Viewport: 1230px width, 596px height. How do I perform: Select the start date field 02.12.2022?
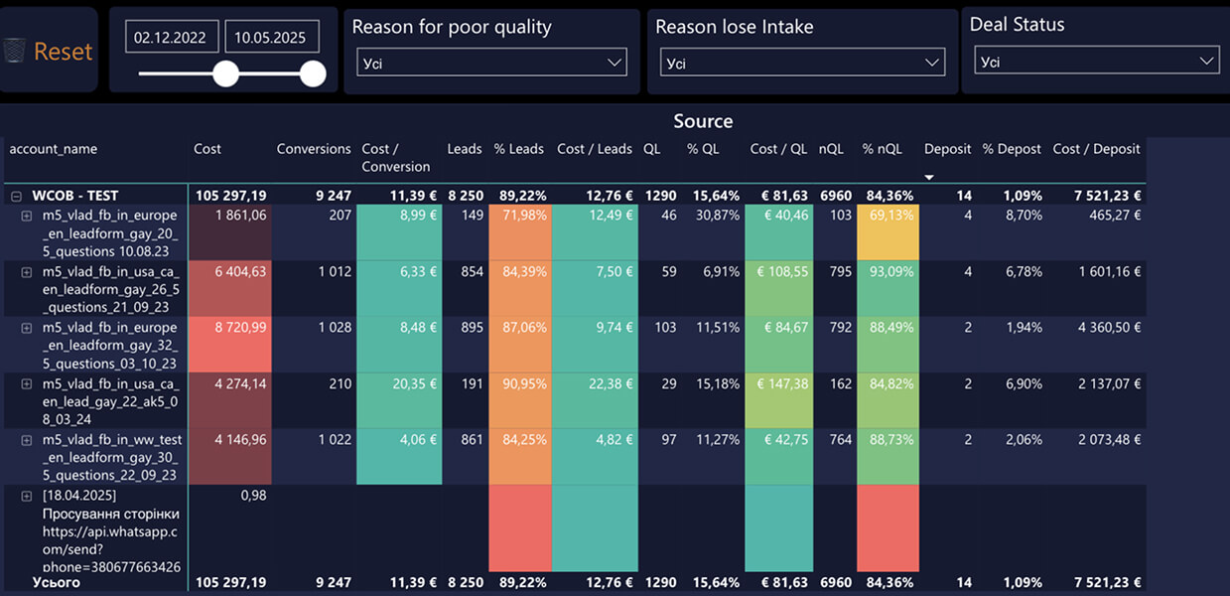pyautogui.click(x=172, y=37)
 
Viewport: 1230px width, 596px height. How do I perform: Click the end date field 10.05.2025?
pyautogui.click(x=271, y=37)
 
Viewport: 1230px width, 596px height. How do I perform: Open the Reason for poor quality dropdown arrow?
pyautogui.click(x=615, y=63)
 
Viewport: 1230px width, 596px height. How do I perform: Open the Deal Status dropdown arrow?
pyautogui.click(x=1206, y=61)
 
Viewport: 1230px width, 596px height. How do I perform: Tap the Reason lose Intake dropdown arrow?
pyautogui.click(x=931, y=63)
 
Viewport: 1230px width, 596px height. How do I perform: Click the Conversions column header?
pyautogui.click(x=314, y=149)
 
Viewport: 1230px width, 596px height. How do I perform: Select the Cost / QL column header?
pyautogui.click(x=778, y=149)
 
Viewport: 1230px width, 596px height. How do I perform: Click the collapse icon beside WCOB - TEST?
pyautogui.click(x=17, y=196)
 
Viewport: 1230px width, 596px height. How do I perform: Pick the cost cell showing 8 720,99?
pyautogui.click(x=230, y=344)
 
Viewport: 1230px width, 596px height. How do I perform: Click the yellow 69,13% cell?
pyautogui.click(x=888, y=232)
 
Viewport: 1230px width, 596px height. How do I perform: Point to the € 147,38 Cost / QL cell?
pyautogui.click(x=778, y=400)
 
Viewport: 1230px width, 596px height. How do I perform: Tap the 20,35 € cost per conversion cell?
pyautogui.click(x=399, y=400)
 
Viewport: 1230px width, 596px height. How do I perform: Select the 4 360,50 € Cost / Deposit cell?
pyautogui.click(x=1109, y=328)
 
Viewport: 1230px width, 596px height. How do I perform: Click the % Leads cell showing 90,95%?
pyautogui.click(x=520, y=400)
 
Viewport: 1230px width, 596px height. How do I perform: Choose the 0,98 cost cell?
pyautogui.click(x=253, y=496)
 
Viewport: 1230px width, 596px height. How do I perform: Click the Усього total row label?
pyautogui.click(x=56, y=582)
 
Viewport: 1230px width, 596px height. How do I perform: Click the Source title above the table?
pyautogui.click(x=703, y=121)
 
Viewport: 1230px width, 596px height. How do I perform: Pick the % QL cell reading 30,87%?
pyautogui.click(x=718, y=216)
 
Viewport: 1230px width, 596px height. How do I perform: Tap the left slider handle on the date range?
pyautogui.click(x=225, y=74)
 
